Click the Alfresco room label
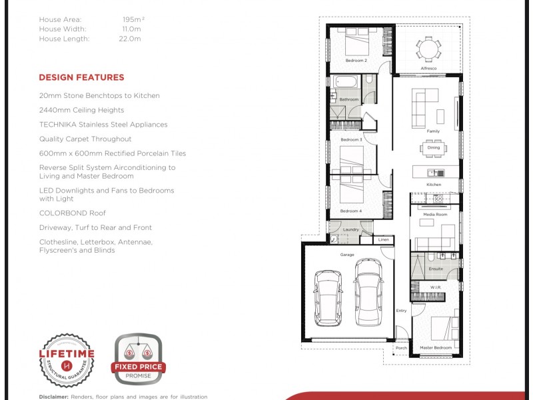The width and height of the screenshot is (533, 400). [x=428, y=68]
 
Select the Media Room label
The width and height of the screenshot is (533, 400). [x=434, y=215]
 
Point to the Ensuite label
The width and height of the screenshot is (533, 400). [x=436, y=269]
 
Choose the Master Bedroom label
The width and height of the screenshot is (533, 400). [x=436, y=348]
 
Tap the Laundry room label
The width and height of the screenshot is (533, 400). [x=351, y=230]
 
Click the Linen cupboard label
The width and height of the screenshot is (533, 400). [x=383, y=239]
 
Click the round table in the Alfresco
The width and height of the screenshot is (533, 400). [x=428, y=49]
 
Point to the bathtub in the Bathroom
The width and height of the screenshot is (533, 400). [x=346, y=83]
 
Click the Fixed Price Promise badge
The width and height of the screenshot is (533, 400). [x=138, y=359]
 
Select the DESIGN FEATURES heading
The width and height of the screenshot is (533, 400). [x=81, y=77]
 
